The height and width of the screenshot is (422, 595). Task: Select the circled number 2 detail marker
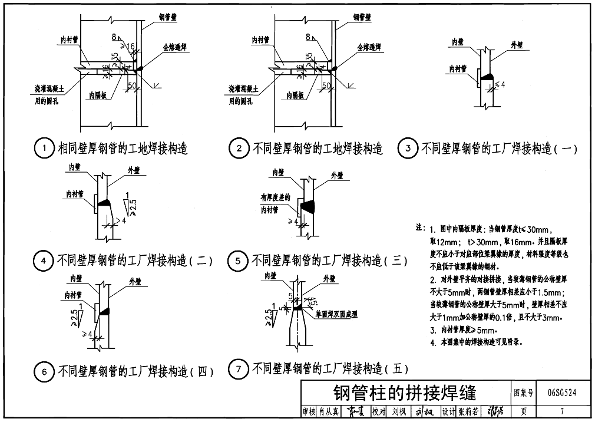tap(239, 149)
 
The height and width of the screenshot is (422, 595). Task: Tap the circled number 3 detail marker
tap(408, 149)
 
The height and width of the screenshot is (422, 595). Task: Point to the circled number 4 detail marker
tap(44, 260)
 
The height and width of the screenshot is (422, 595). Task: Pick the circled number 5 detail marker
tap(237, 260)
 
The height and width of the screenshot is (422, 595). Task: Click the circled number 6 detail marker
tap(44, 371)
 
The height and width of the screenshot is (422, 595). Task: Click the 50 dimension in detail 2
tap(326, 86)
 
